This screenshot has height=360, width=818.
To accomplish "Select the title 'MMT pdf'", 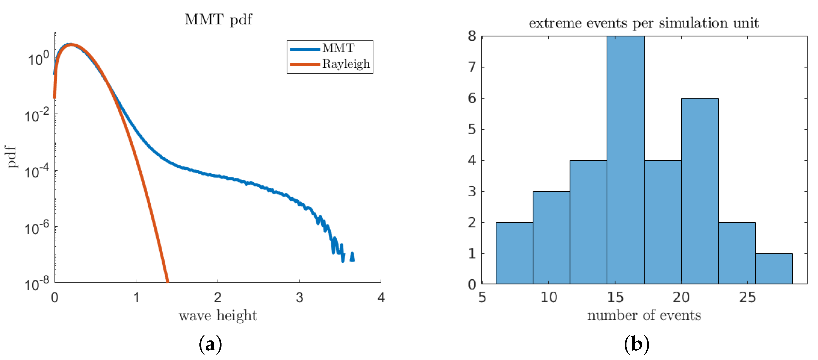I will [218, 20].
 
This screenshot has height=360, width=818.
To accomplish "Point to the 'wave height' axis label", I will [218, 316].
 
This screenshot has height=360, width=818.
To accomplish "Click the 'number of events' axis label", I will [644, 315].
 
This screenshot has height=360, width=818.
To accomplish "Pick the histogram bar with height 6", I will [700, 191].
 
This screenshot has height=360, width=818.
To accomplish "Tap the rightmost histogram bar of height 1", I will [774, 268].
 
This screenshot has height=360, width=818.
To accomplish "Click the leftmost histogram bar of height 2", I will [514, 253].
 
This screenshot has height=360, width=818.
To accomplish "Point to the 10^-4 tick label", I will [37, 172].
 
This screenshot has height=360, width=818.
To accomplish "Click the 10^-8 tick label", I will [37, 284].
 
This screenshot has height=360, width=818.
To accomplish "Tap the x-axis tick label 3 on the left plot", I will [299, 298].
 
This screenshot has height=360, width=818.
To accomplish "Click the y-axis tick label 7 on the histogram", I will [472, 67].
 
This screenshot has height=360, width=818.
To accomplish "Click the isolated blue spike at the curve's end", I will [352, 257].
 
